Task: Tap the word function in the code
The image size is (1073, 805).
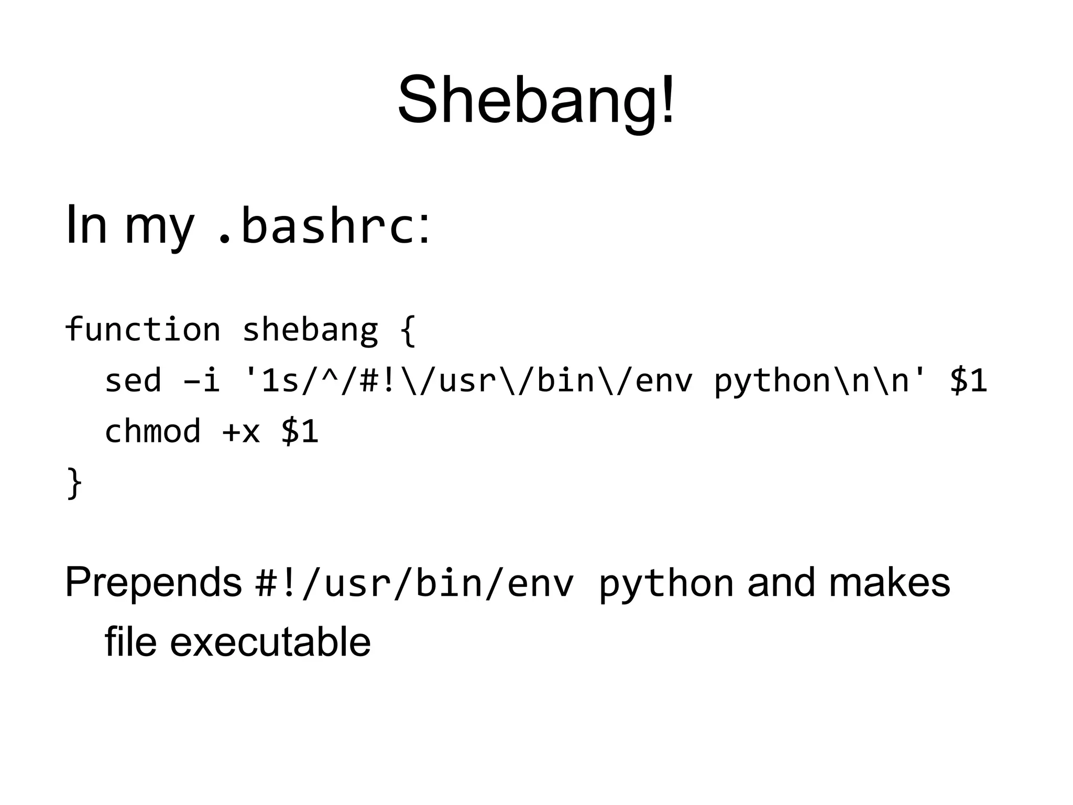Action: [143, 330]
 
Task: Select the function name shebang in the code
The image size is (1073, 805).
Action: [310, 331]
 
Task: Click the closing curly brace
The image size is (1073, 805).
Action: [74, 483]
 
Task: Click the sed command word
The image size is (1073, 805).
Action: [133, 380]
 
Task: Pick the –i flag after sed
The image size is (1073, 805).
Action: [201, 380]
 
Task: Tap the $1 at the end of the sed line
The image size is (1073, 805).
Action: [968, 380]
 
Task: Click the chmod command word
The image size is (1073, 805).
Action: [152, 431]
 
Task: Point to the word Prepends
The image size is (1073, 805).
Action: [153, 583]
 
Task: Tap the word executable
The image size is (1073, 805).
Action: [270, 641]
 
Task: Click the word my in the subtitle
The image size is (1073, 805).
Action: [159, 227]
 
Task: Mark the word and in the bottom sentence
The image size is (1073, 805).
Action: [781, 582]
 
